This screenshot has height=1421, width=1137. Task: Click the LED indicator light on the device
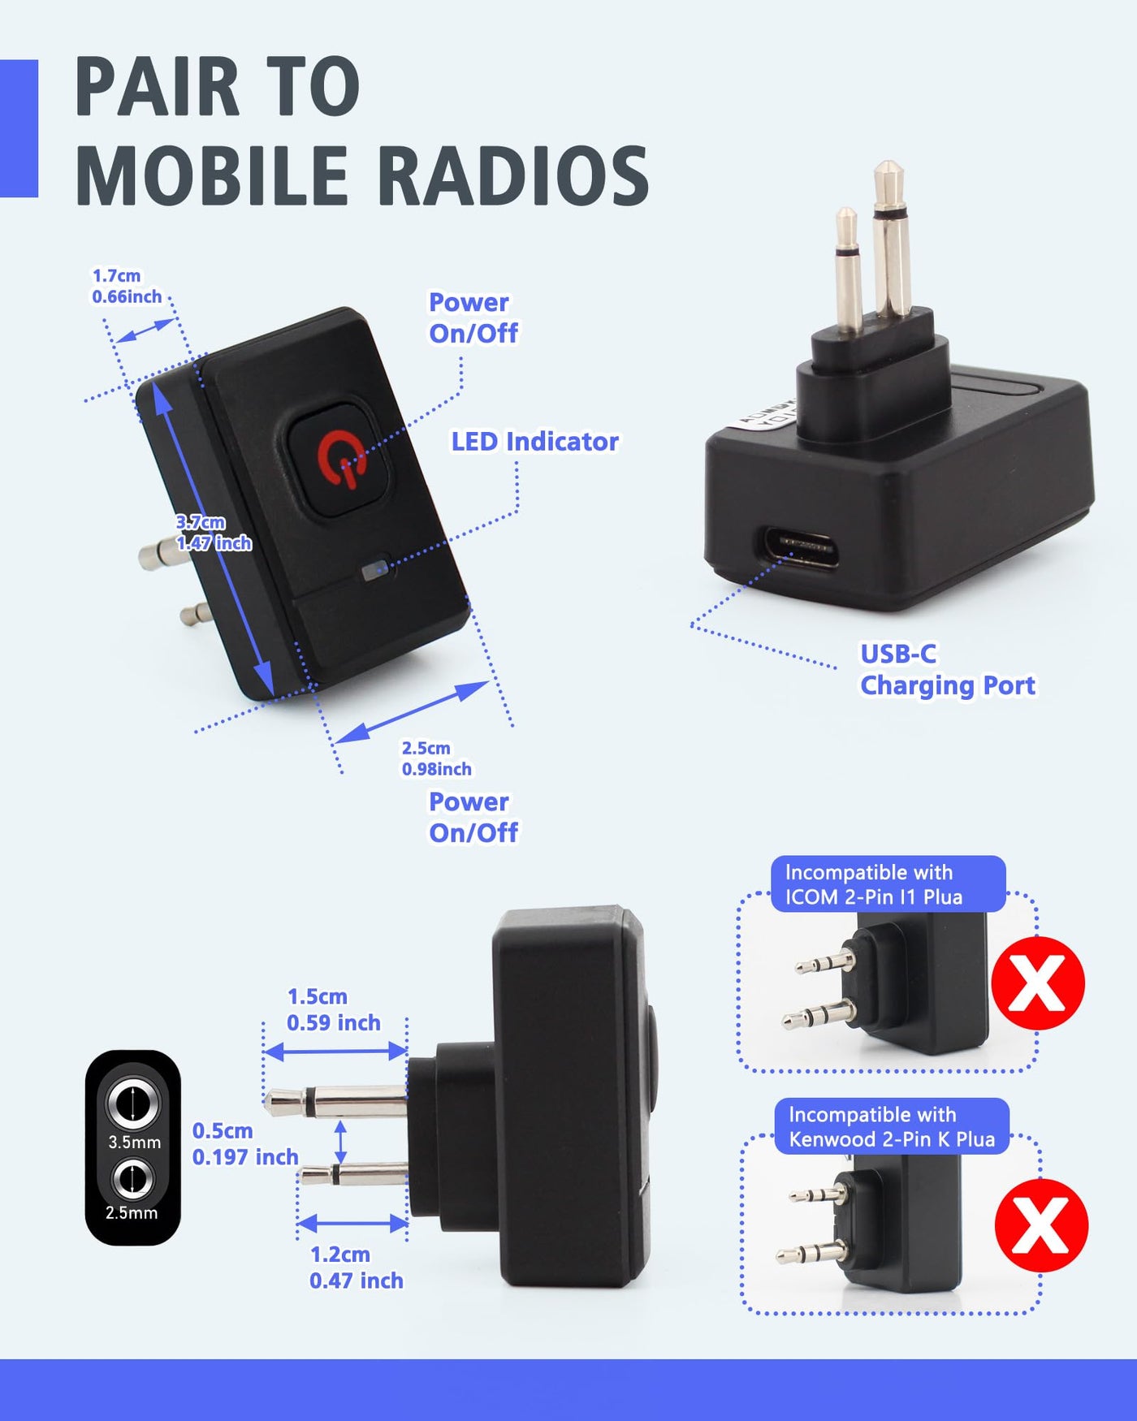[x=375, y=568]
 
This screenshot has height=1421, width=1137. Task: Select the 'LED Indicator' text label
[x=534, y=442]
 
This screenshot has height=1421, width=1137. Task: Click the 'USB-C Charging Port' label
[x=948, y=670]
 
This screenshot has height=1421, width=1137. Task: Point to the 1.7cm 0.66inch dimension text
[x=127, y=287]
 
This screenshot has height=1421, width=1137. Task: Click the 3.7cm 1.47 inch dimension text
[x=214, y=533]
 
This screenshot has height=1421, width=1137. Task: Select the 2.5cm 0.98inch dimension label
[x=436, y=758]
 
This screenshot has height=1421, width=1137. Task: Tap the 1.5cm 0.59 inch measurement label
[x=333, y=1009]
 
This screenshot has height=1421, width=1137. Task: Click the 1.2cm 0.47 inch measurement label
[x=356, y=1268]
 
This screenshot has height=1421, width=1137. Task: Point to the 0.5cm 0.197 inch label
[x=245, y=1143]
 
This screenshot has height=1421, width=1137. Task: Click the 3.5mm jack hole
[x=133, y=1104]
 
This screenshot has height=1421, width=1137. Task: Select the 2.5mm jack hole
[x=132, y=1179]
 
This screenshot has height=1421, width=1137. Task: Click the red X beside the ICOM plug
[x=1038, y=983]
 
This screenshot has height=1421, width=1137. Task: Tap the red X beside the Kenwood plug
[x=1041, y=1225]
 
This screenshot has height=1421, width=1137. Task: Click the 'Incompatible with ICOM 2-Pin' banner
[x=888, y=884]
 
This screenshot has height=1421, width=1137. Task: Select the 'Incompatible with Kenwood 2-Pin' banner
[x=892, y=1126]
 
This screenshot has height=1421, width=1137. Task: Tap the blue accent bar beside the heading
[x=19, y=128]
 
